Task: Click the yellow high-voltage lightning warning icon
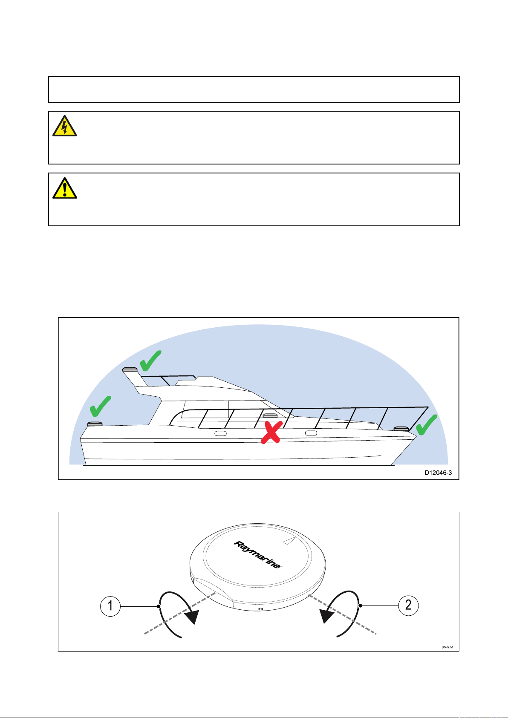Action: (x=64, y=126)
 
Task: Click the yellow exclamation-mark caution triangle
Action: (x=64, y=188)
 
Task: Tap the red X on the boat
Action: (x=270, y=431)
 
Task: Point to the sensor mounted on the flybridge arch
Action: (x=130, y=369)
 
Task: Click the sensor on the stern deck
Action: (x=95, y=424)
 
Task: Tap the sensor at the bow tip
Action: (x=401, y=428)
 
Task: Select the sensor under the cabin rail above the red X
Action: (x=270, y=415)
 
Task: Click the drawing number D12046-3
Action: (x=438, y=473)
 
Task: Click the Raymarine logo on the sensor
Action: (x=257, y=554)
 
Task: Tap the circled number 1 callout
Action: (x=110, y=605)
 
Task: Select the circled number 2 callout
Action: (x=408, y=605)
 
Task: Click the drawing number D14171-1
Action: (x=447, y=647)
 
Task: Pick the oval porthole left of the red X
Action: (x=220, y=433)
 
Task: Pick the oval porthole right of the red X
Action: (x=311, y=433)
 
